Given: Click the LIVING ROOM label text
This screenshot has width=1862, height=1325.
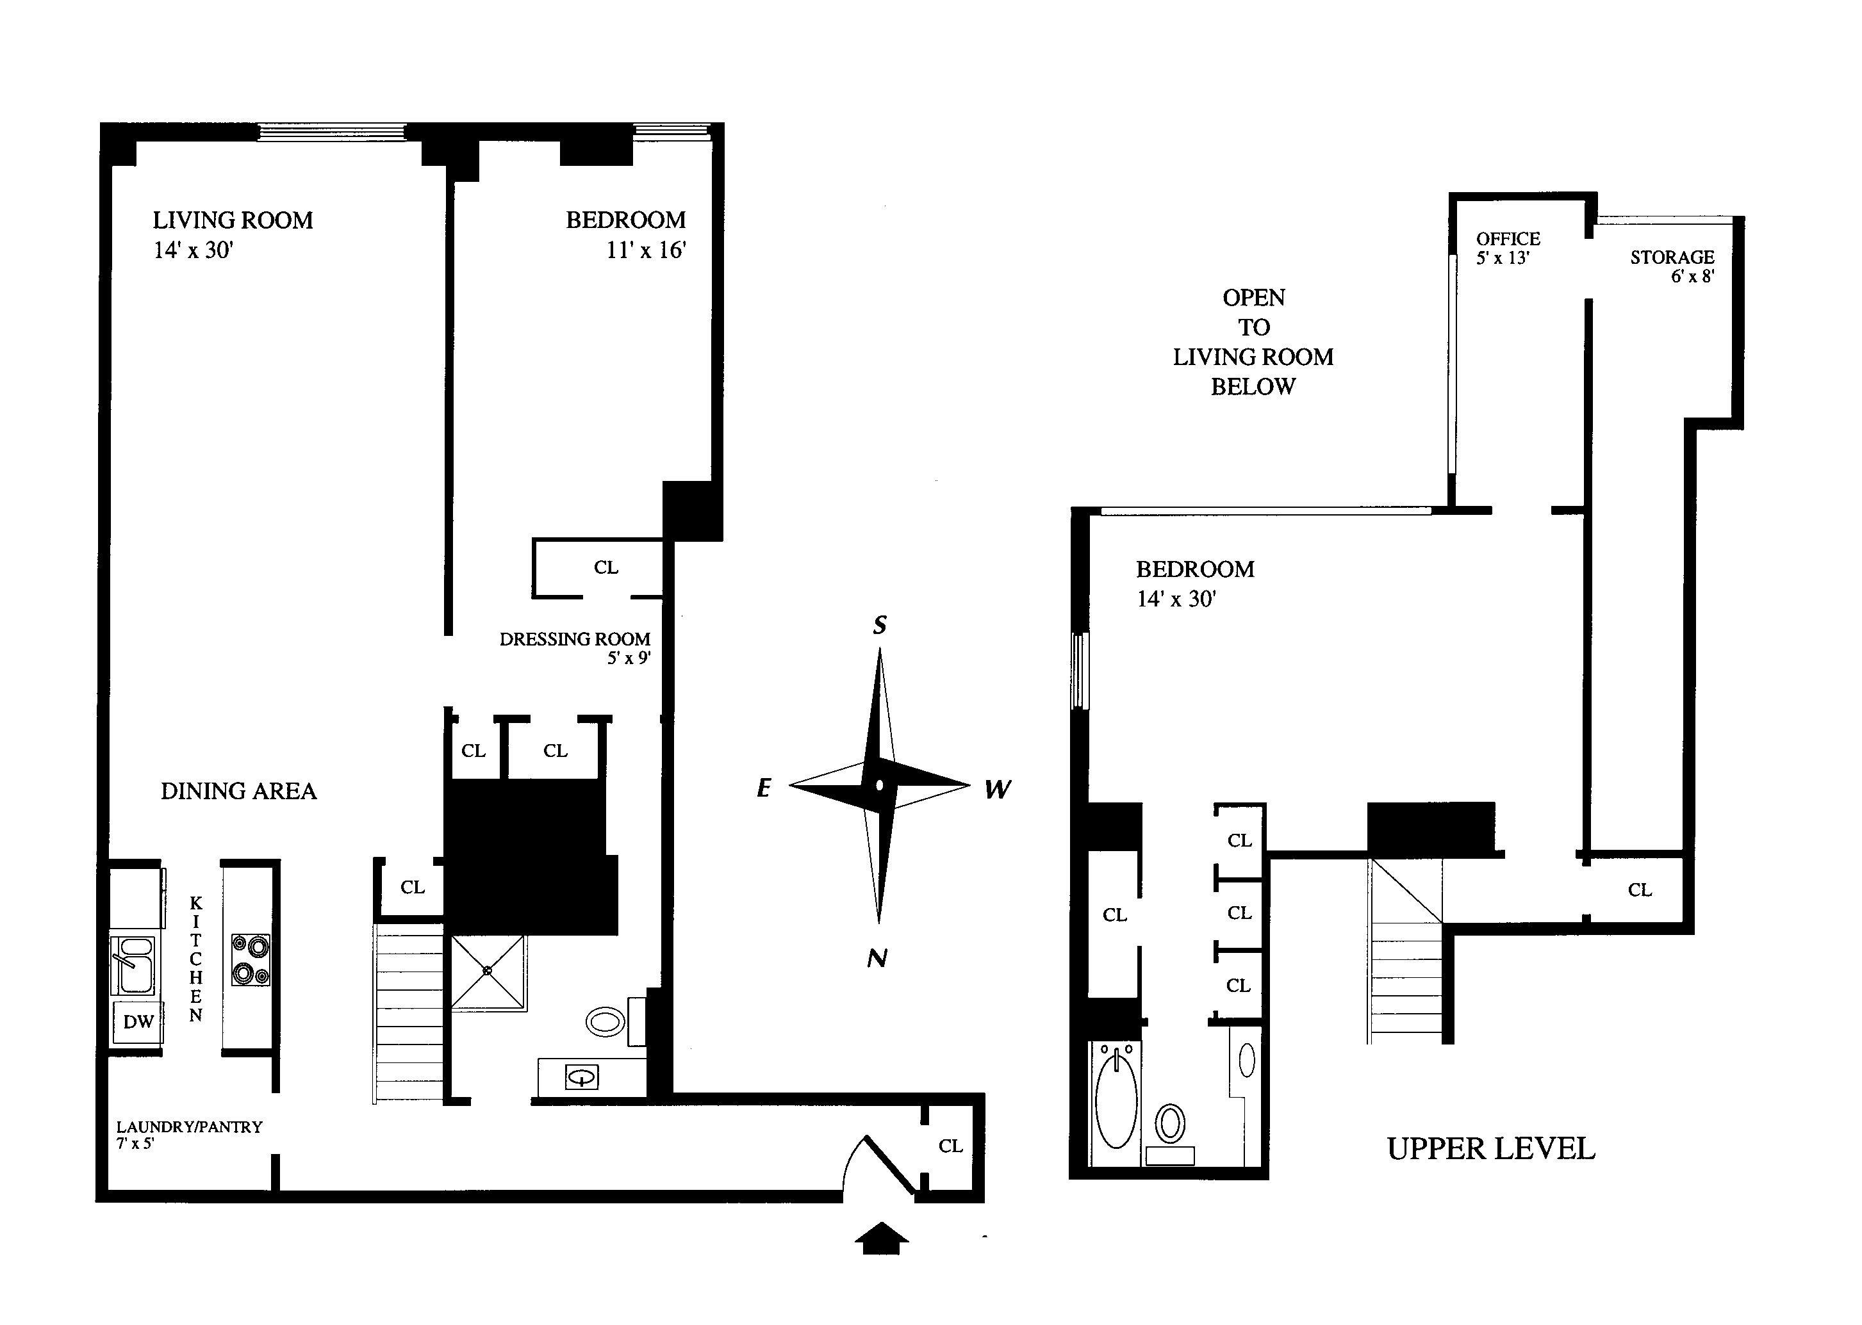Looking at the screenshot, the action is click(233, 220).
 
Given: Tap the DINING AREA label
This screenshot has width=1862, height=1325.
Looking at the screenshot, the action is click(238, 791).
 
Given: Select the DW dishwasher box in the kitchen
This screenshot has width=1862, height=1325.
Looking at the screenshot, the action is click(138, 1021).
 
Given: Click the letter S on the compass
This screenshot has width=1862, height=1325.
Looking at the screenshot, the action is click(879, 625).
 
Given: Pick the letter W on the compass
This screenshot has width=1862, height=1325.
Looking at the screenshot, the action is click(998, 789).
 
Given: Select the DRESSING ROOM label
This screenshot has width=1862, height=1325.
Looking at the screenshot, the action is click(575, 639).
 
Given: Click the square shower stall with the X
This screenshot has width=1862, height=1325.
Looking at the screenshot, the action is click(488, 971).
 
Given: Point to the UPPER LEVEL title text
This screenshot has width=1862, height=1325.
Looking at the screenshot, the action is click(1490, 1149).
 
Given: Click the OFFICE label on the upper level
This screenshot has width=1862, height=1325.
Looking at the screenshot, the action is click(1508, 239).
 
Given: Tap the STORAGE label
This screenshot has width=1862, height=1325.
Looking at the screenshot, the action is click(1672, 257).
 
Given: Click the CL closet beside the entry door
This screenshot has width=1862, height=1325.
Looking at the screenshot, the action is click(950, 1146).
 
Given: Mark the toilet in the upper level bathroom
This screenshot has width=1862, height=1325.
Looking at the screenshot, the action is click(1171, 1123).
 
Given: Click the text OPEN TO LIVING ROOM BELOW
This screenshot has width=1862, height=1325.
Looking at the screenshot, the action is click(1253, 342).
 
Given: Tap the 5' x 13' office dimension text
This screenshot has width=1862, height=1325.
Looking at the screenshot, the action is click(1502, 258).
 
